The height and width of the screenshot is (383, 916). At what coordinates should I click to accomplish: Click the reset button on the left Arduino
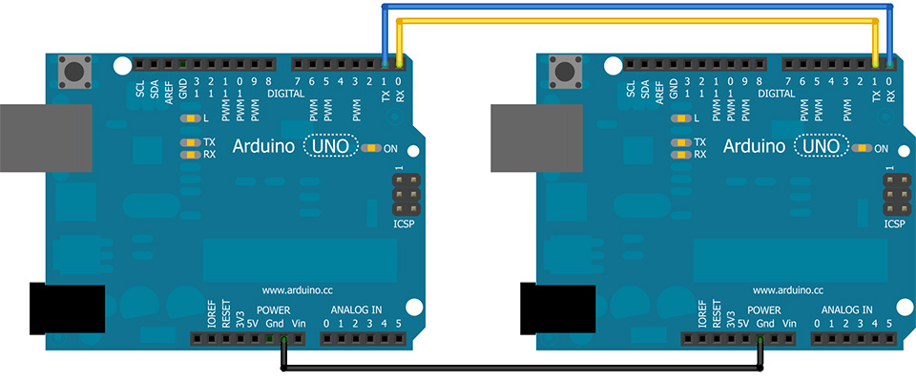[x=75, y=72]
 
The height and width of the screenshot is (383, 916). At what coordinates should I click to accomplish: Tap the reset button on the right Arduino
[x=566, y=72]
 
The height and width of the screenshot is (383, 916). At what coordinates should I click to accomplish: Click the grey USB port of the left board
[x=46, y=138]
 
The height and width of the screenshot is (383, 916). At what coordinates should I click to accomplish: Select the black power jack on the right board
[x=557, y=309]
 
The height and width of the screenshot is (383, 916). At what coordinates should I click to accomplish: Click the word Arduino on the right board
[x=754, y=146]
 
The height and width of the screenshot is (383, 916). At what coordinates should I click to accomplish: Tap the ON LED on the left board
[x=371, y=148]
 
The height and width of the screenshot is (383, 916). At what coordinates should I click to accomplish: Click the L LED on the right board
[x=677, y=118]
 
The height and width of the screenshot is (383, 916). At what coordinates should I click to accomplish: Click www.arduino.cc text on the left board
[x=298, y=289]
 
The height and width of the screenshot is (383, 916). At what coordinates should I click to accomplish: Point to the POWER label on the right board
[x=763, y=309]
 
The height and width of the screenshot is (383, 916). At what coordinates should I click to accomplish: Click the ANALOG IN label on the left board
[x=356, y=309]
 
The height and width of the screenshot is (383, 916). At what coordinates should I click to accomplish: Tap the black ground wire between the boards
[x=522, y=369]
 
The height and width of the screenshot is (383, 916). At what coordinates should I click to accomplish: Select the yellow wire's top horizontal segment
[x=636, y=21]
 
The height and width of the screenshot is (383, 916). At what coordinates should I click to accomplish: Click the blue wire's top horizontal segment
[x=636, y=7]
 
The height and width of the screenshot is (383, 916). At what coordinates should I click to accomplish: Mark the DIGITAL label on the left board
[x=285, y=94]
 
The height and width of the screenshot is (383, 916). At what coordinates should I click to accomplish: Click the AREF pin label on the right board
[x=659, y=93]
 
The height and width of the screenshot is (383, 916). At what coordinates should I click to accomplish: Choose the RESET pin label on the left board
[x=226, y=314]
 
